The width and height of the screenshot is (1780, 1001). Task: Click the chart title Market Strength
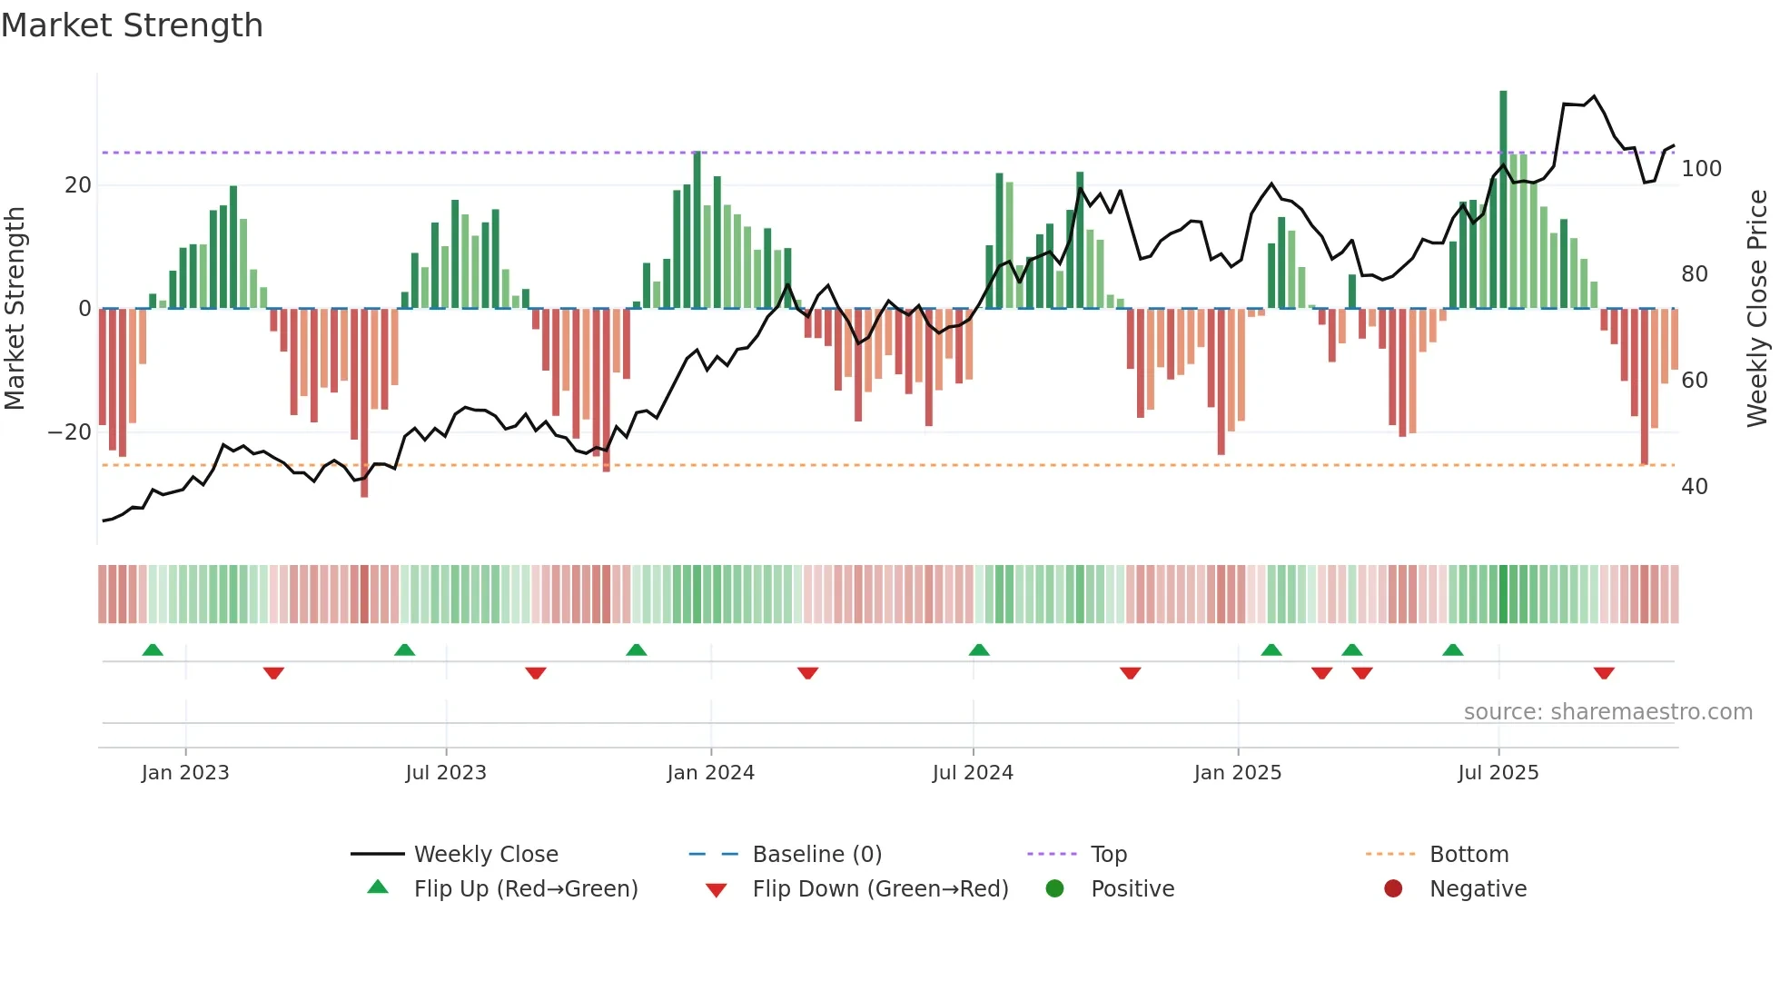point(132,25)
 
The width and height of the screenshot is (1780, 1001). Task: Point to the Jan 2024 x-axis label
point(710,773)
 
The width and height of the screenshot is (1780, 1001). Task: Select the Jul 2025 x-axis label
point(1498,773)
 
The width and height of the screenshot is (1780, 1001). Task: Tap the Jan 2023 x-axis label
point(185,773)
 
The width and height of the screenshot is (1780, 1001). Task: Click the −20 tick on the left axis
point(70,432)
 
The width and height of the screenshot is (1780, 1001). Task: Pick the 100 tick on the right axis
point(1701,169)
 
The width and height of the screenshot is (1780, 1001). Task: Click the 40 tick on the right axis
point(1694,487)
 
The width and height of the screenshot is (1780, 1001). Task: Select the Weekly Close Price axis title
point(1757,309)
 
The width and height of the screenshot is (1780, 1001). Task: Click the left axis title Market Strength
point(15,309)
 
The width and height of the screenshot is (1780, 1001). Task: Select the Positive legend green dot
point(1054,889)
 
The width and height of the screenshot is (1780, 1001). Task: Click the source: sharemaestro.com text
point(1607,712)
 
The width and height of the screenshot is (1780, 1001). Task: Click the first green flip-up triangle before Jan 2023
point(153,650)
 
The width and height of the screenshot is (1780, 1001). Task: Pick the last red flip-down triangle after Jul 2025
point(1604,673)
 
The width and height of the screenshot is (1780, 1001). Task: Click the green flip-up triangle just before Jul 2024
point(979,650)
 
